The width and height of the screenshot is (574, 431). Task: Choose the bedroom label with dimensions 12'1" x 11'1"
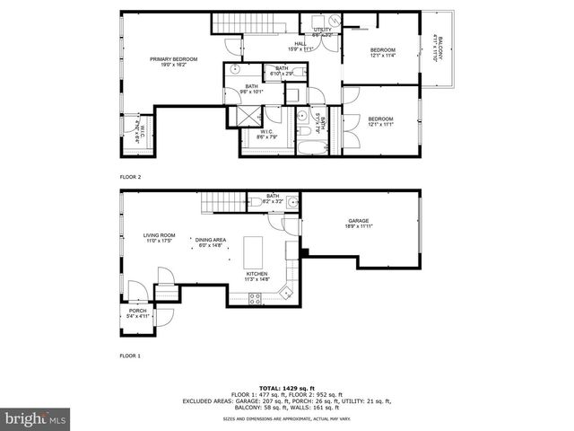tap(380, 121)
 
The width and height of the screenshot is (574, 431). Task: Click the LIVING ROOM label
tap(159, 238)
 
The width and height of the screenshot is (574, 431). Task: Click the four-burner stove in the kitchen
tap(255, 298)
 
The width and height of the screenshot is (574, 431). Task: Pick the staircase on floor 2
tap(265, 26)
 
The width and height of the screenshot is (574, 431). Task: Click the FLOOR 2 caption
tap(131, 177)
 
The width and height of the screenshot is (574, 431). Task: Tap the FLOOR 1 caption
tap(131, 356)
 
